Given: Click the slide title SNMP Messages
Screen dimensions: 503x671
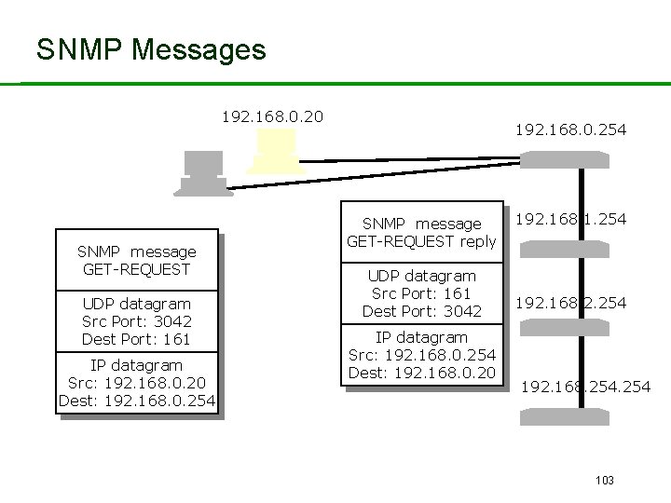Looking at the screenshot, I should click(x=151, y=49).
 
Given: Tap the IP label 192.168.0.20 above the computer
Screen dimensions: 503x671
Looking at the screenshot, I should click(x=271, y=116).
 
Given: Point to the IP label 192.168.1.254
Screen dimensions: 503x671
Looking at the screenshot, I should click(x=570, y=219).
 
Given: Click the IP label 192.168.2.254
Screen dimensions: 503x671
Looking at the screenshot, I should click(x=570, y=303).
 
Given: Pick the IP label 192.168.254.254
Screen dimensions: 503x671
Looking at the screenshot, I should click(x=585, y=386).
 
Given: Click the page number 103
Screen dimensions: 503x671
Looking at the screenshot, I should click(x=604, y=480).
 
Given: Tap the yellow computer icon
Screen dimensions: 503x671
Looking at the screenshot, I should click(x=274, y=152).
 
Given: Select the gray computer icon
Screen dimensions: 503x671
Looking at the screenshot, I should click(x=202, y=172).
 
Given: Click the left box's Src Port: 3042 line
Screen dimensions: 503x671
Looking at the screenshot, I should click(x=136, y=321).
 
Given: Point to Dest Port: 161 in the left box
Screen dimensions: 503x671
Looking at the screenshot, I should click(x=136, y=339).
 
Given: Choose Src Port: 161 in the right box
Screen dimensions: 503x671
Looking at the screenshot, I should click(x=421, y=293).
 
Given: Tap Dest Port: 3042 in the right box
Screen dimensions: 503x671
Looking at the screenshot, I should click(x=421, y=311).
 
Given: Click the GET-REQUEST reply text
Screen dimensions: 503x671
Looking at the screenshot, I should click(x=421, y=242).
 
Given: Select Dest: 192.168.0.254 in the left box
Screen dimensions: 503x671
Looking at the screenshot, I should click(x=137, y=401).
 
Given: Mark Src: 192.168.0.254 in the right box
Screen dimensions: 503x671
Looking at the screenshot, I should click(x=421, y=355).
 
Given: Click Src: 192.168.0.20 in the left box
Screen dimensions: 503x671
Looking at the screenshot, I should click(x=136, y=383).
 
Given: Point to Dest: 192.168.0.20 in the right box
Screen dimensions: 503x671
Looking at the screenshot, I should click(x=421, y=374).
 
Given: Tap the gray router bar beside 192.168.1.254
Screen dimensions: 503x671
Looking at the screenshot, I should click(x=564, y=248).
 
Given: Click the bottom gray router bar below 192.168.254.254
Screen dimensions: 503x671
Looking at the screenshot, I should click(x=564, y=416).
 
